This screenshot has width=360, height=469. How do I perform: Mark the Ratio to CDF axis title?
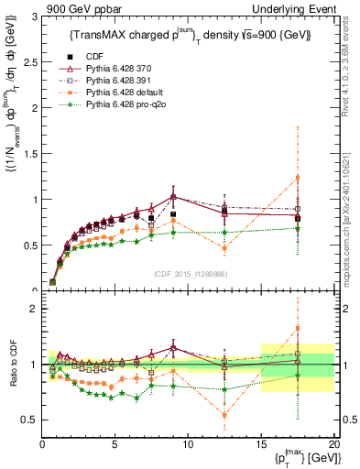(x=12, y=365)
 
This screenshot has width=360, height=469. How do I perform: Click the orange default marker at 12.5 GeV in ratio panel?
(x=224, y=415)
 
